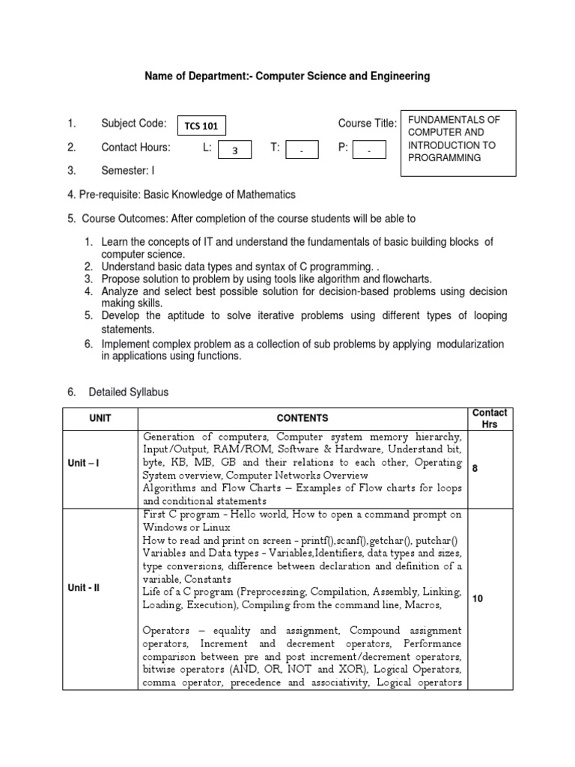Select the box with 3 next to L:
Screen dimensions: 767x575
point(234,150)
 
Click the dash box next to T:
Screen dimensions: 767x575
point(302,150)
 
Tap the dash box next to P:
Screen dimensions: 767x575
point(369,150)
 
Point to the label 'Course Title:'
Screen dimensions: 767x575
point(367,124)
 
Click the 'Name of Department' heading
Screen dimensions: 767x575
point(287,76)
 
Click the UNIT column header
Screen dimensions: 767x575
point(100,418)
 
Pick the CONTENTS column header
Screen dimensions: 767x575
point(302,418)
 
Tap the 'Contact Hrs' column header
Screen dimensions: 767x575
point(489,418)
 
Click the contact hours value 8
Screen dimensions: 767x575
point(475,468)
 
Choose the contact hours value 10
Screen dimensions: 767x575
point(477,598)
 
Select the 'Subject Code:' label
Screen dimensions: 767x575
point(133,124)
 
